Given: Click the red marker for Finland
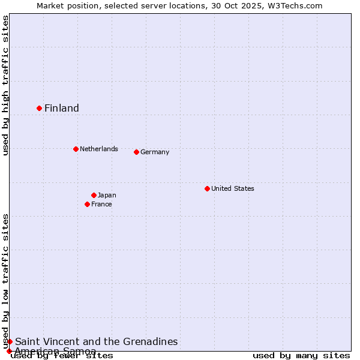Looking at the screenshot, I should (x=40, y=108).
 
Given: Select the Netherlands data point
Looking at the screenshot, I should (x=76, y=149).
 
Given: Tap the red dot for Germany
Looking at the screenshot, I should (x=136, y=152).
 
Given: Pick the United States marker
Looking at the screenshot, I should (x=207, y=188).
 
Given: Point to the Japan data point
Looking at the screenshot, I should (x=94, y=195).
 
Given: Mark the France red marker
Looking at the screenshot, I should (x=88, y=204).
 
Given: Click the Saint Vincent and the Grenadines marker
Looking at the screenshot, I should (x=10, y=341).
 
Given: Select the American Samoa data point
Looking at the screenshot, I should (x=10, y=351).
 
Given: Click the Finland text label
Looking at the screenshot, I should (x=62, y=108).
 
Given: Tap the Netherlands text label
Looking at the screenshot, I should (x=99, y=149).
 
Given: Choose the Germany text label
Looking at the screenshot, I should (x=155, y=152).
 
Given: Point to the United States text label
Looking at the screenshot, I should (x=233, y=188).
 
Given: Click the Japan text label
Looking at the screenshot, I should (x=107, y=195).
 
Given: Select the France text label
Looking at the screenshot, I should (x=101, y=204).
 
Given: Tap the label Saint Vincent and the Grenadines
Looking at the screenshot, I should (x=97, y=341).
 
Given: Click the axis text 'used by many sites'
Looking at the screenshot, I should (x=301, y=356).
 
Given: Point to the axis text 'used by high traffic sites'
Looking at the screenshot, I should (x=5, y=85).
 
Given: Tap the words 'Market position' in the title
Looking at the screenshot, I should (x=62, y=5).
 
